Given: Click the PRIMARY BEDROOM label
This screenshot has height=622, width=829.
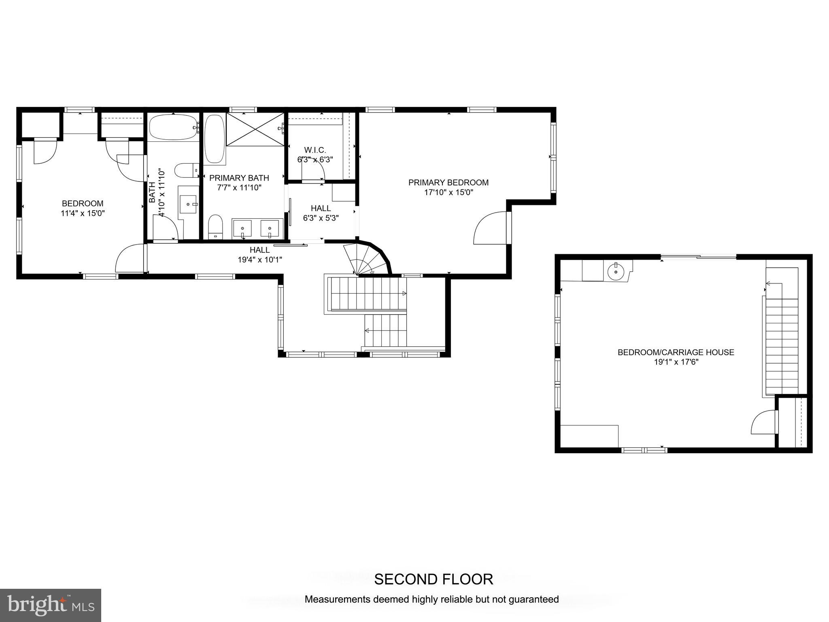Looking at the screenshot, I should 448,183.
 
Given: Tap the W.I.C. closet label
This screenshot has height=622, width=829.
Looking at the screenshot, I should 315,150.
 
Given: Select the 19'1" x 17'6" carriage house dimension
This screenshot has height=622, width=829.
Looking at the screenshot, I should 676,362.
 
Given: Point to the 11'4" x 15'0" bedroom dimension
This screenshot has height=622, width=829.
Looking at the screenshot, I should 83,213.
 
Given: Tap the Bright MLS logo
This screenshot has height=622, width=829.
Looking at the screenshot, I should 50,605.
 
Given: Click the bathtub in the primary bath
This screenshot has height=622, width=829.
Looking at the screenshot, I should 214,139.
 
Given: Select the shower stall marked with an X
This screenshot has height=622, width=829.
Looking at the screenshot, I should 255,129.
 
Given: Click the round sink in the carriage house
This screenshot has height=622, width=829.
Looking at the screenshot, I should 616,271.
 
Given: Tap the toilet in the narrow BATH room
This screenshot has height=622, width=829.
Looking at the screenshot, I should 187,170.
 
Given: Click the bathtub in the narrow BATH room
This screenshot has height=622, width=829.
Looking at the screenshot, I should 173,127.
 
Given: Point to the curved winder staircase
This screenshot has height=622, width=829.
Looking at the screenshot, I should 366,259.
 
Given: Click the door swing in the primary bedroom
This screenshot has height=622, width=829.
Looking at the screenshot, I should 490,229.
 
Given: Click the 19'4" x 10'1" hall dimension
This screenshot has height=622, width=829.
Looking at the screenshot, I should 259,260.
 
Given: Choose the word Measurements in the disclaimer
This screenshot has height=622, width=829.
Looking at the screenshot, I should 336,599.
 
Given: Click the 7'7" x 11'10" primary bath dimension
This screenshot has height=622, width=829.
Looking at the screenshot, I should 239,187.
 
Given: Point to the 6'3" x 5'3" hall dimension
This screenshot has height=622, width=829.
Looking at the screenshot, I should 321,218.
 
